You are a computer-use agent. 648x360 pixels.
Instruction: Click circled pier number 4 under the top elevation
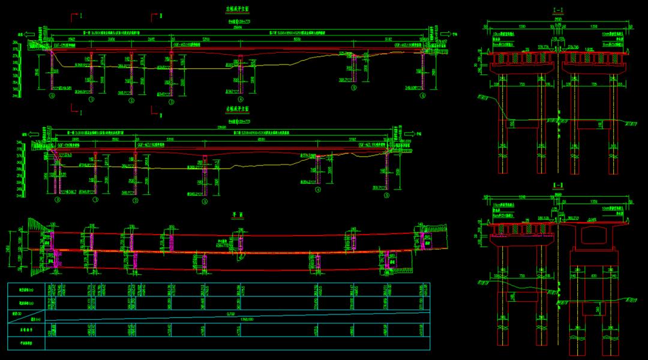(x=241, y=99)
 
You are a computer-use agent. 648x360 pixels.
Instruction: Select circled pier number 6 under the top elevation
(x=423, y=95)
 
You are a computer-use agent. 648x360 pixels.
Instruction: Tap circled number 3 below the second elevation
(x=205, y=202)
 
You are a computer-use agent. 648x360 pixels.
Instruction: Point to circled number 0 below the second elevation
(x=58, y=199)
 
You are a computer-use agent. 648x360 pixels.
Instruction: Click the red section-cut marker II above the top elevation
(x=161, y=15)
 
